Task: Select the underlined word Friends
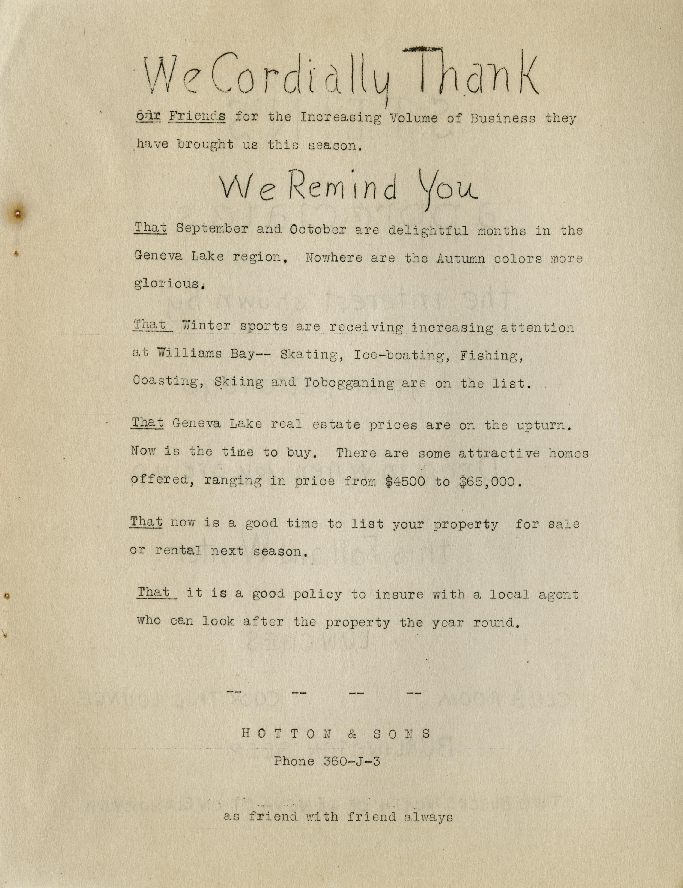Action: click(197, 116)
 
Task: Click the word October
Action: click(318, 230)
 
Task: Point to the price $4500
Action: click(405, 481)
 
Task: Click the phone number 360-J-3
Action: click(352, 761)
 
